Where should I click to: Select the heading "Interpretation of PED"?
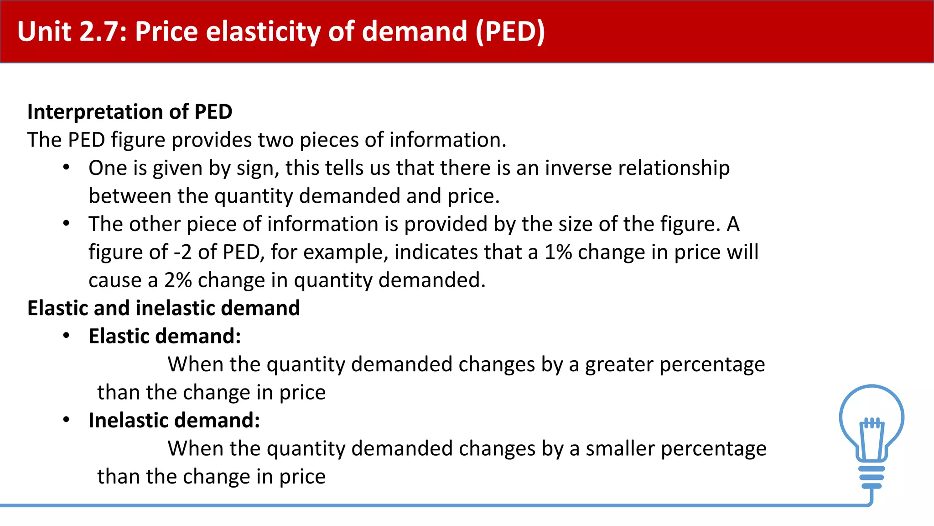tap(130, 112)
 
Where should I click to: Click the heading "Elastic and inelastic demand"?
tap(164, 308)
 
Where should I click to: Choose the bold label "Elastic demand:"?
tap(165, 337)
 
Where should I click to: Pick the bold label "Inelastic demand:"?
tap(174, 421)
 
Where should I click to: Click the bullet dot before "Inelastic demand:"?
tap(67, 420)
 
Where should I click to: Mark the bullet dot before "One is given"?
tap(67, 168)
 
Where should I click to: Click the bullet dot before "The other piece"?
tap(67, 224)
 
